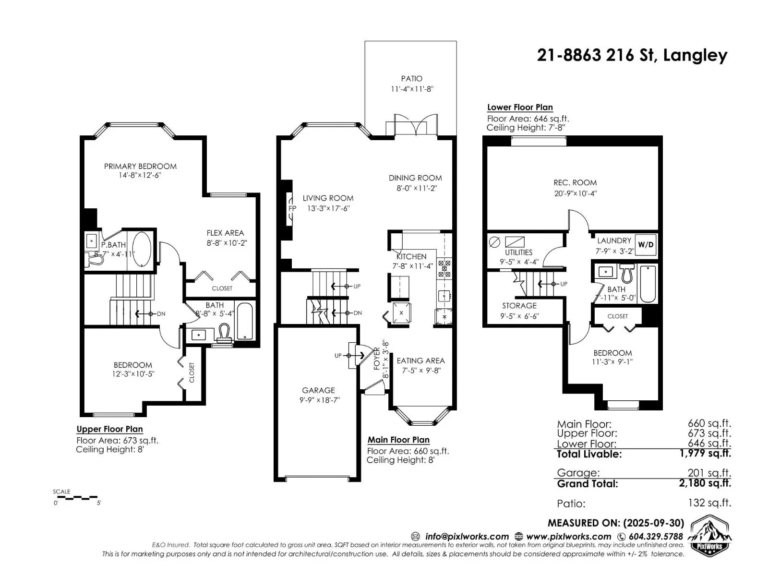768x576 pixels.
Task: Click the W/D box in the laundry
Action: [646, 245]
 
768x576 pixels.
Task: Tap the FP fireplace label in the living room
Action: [292, 208]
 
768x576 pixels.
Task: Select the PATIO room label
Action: [411, 79]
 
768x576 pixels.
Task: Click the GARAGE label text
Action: [318, 390]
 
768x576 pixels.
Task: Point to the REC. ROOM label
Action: [575, 182]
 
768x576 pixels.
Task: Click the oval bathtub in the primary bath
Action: [141, 249]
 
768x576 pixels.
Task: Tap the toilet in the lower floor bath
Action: [627, 273]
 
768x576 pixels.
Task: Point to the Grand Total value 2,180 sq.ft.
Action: [705, 483]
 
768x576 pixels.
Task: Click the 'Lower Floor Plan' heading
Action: [520, 108]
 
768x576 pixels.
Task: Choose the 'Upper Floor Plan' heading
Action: [109, 429]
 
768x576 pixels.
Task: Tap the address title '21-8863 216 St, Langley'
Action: [632, 55]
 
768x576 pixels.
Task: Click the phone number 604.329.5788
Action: [656, 537]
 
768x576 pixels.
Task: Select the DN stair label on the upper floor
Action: [161, 314]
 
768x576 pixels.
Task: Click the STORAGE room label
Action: [519, 306]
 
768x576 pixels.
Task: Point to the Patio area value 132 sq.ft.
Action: [709, 503]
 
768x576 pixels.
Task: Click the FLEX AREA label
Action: [225, 233]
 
